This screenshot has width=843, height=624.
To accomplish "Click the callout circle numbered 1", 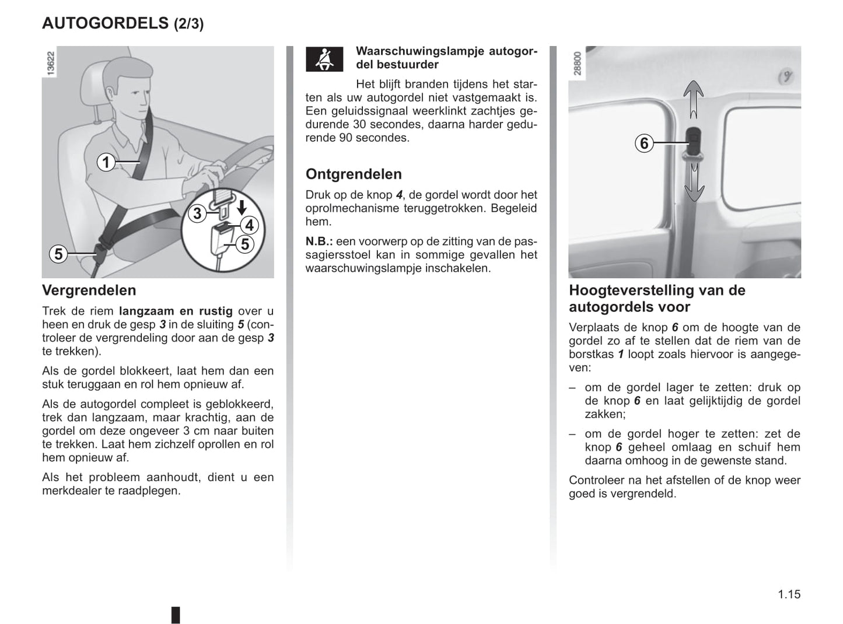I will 106,162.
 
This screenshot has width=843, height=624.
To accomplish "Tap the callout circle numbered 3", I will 197,213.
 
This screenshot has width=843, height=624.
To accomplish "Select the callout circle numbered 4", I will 249,225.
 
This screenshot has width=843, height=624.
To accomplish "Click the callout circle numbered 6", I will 644,143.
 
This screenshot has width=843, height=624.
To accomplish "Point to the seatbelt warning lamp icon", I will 324,59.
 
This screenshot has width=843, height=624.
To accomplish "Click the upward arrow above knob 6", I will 693,99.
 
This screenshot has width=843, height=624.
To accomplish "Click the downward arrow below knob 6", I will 694,183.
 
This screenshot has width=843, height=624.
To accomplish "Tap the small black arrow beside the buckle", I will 242,207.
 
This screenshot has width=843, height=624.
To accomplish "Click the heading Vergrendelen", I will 89,290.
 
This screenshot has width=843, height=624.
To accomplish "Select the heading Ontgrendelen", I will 354,174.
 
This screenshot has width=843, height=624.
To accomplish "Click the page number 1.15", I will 789,594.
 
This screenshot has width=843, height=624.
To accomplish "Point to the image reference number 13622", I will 51,63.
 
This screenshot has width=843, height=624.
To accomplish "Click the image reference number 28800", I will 578,63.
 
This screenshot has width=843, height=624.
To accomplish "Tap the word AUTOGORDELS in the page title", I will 105,23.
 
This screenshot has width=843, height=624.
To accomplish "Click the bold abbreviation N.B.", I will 319,241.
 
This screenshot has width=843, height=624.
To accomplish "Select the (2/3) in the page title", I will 189,24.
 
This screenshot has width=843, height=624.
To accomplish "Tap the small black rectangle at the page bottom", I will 176,615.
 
